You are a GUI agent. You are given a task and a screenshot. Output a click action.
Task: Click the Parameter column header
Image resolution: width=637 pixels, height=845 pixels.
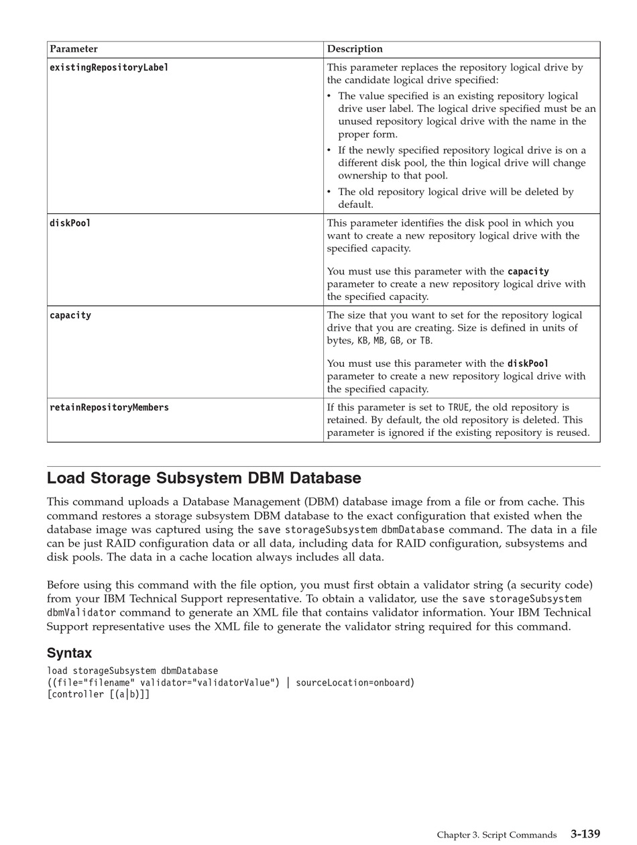point(74,49)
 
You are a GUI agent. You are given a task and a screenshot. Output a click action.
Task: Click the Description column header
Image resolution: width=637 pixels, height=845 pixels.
point(355,49)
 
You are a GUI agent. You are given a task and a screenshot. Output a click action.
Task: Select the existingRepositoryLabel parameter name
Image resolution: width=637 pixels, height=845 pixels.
point(109,68)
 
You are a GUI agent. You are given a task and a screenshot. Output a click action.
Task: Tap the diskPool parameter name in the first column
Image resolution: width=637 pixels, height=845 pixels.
point(70,223)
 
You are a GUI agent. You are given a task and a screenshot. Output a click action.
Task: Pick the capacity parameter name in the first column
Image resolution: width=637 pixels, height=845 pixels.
point(70,315)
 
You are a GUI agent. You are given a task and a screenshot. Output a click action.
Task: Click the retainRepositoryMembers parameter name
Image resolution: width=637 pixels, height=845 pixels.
point(109,408)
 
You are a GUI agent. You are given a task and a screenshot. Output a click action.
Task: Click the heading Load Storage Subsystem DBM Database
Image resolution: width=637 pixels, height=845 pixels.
point(204,478)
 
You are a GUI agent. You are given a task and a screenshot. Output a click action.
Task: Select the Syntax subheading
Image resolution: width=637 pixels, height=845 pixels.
point(69,653)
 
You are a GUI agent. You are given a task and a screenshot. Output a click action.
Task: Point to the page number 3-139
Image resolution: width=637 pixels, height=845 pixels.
point(585,834)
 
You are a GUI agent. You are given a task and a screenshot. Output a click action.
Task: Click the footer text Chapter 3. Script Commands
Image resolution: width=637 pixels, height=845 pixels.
point(497,835)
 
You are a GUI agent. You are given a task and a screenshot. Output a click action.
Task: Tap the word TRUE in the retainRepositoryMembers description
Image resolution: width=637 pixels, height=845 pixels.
point(459,408)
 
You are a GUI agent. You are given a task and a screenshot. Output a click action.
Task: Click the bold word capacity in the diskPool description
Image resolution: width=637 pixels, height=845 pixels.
point(528,272)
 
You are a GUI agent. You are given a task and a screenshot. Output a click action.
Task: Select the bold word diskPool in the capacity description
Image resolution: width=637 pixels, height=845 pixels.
point(528,363)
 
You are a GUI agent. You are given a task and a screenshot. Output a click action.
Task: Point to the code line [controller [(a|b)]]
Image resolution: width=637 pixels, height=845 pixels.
point(99,695)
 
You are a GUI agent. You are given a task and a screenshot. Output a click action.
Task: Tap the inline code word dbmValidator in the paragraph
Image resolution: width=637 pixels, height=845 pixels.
point(81,613)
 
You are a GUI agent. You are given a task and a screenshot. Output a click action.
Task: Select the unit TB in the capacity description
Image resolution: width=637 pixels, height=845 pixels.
point(425,341)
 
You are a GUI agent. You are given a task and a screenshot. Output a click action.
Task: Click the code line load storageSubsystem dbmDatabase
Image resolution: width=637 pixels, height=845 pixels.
point(132,671)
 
